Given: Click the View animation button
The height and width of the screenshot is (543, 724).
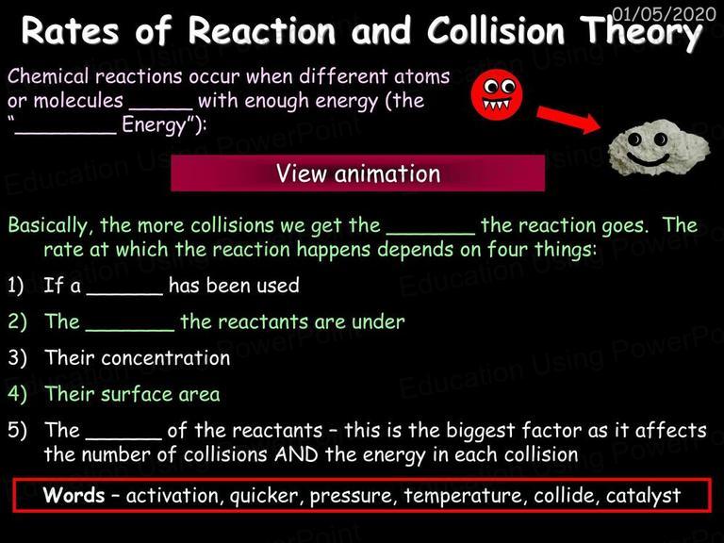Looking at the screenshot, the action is [x=358, y=173].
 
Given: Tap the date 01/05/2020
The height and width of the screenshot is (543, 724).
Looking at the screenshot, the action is [x=664, y=14].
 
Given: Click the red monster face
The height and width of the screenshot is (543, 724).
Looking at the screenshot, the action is [x=497, y=94].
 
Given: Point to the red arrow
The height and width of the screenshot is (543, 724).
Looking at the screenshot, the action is [x=568, y=120].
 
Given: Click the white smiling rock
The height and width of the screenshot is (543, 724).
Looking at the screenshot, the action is [x=659, y=148].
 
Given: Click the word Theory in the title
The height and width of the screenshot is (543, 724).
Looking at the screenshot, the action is [x=641, y=32].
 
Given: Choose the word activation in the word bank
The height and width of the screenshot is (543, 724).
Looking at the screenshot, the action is [x=172, y=496].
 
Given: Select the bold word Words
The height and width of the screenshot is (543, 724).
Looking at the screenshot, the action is [x=74, y=495].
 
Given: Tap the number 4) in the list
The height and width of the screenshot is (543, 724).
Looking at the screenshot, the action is [x=17, y=394].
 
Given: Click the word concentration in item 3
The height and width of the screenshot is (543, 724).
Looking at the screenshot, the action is [x=166, y=358].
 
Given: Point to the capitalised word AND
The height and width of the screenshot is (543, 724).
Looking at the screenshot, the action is [x=296, y=454].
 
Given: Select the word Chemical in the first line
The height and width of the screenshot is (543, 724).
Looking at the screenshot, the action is [x=47, y=76].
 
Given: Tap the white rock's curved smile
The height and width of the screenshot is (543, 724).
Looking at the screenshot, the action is [x=648, y=159].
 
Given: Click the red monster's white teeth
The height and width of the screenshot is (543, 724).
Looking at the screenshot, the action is [x=497, y=105].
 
